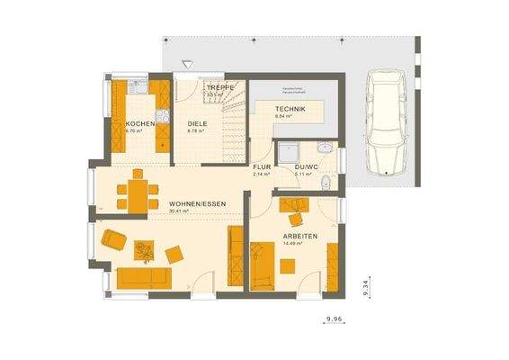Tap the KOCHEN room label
pyautogui.click(x=138, y=123)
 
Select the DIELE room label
pyautogui.click(x=197, y=123)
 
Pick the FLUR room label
pyautogui.click(x=261, y=167)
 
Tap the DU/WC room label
pyautogui.click(x=306, y=167)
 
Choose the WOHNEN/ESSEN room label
pyautogui.click(x=196, y=204)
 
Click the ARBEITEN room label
pyautogui.click(x=299, y=235)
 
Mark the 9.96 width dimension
pyautogui.click(x=335, y=319)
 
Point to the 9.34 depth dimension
pyautogui.click(x=365, y=286)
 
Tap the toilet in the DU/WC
pyautogui.click(x=326, y=184)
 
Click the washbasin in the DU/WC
pyautogui.click(x=326, y=148)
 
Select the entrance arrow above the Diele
pyautogui.click(x=186, y=65)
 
